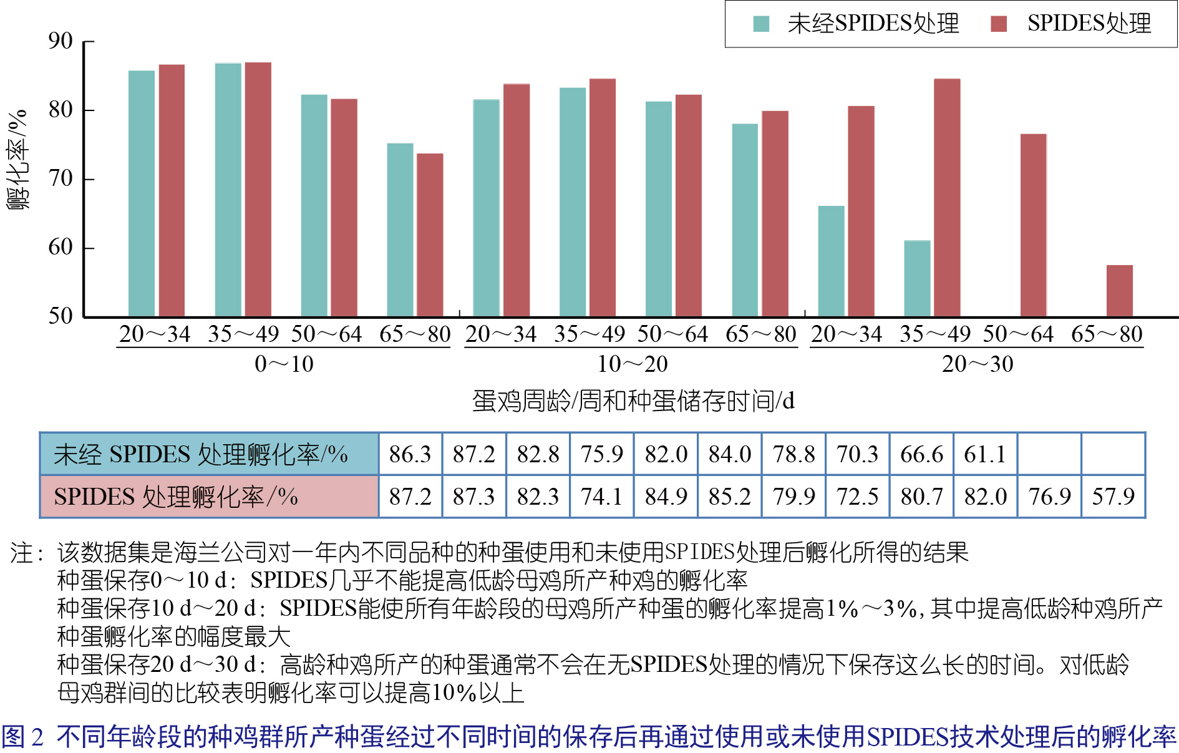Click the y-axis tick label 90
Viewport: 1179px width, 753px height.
(x=61, y=41)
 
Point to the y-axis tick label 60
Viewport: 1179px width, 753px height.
(x=61, y=248)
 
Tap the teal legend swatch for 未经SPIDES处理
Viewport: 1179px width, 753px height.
(x=761, y=24)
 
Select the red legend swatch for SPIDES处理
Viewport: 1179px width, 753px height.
(x=999, y=24)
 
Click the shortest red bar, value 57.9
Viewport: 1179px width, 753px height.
(x=1119, y=291)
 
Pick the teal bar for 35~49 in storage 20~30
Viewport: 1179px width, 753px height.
(x=917, y=278)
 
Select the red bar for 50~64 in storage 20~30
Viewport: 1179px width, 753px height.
(x=1033, y=225)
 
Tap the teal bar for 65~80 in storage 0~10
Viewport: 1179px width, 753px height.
(x=400, y=230)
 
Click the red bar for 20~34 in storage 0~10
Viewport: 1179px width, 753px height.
(x=172, y=190)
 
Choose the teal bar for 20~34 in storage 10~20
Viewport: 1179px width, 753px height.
(x=486, y=208)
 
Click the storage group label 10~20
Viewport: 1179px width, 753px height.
(x=632, y=364)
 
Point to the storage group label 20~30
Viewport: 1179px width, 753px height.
(x=977, y=364)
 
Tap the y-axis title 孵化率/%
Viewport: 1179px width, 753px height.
(x=17, y=160)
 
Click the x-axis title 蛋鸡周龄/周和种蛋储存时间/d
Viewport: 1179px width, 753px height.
(x=633, y=401)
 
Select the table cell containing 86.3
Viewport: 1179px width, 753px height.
(x=410, y=454)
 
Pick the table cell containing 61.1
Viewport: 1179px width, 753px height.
(x=985, y=454)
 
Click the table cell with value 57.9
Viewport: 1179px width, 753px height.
(x=1113, y=497)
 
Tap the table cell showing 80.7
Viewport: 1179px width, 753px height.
(x=921, y=497)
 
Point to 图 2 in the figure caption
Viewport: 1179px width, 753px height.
(x=22, y=737)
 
